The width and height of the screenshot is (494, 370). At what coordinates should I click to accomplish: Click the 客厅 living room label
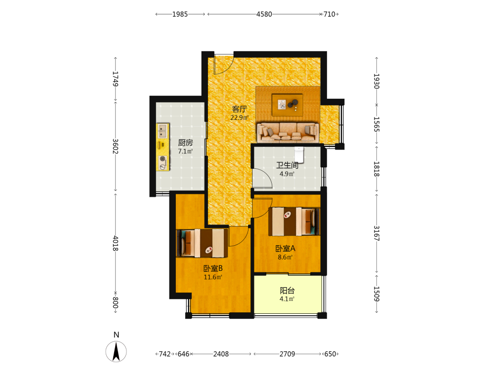(x=240, y=109)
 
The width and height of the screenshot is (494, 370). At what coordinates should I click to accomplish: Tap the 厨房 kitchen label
(x=185, y=143)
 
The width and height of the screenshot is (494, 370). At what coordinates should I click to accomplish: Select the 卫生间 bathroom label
(x=288, y=165)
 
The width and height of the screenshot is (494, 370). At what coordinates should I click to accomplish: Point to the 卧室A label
(x=286, y=249)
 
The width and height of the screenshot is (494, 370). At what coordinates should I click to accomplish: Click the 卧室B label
(x=213, y=268)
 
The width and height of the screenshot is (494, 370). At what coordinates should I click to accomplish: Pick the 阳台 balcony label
(x=288, y=291)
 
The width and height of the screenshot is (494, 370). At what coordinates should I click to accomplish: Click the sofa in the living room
(x=288, y=132)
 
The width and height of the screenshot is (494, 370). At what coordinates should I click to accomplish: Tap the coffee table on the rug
(x=288, y=105)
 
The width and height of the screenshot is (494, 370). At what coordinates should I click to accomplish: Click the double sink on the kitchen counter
(x=163, y=131)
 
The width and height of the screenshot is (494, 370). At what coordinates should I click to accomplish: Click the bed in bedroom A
(x=294, y=221)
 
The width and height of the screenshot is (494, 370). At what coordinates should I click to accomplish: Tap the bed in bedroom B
(x=202, y=243)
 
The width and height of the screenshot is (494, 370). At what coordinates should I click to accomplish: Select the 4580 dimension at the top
(x=264, y=14)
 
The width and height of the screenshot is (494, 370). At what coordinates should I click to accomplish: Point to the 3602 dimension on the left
(x=115, y=147)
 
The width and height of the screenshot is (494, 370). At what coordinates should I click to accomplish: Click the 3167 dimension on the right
(x=376, y=233)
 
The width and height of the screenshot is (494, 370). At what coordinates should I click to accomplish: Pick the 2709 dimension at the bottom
(x=288, y=354)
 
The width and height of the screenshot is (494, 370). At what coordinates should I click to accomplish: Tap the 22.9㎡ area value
(x=240, y=118)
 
